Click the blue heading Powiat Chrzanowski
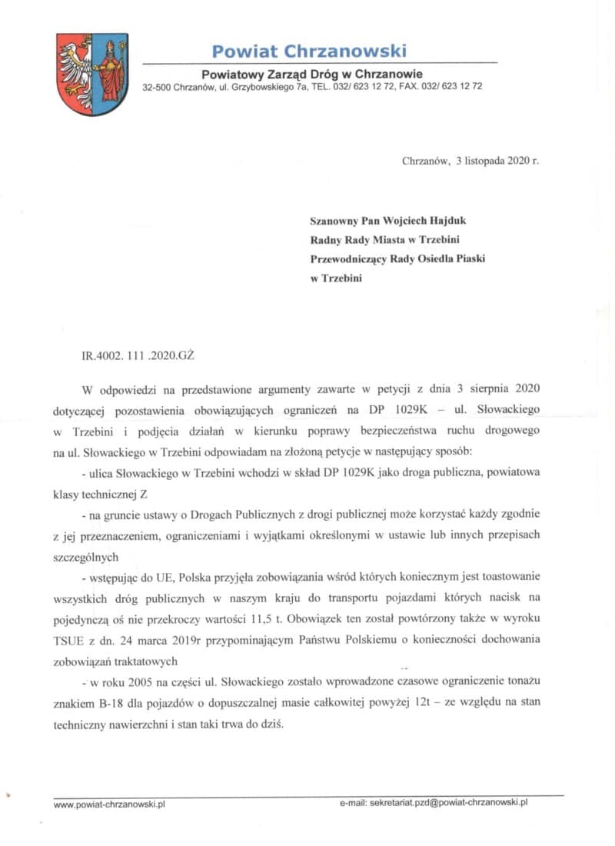click(x=309, y=52)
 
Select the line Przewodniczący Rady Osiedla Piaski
click(x=397, y=259)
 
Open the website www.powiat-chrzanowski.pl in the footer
click(x=110, y=804)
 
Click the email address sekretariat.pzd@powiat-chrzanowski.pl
click(x=448, y=803)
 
